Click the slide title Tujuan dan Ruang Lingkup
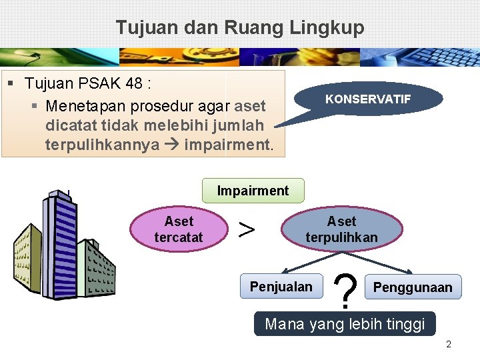click(x=240, y=27)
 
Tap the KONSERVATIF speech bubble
click(x=368, y=99)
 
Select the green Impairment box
click(x=253, y=191)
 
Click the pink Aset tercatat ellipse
click(x=179, y=229)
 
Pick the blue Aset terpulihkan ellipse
click(x=341, y=229)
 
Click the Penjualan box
click(x=281, y=287)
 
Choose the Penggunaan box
click(x=413, y=287)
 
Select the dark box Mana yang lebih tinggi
click(x=345, y=324)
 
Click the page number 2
click(x=449, y=345)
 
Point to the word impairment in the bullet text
click(x=228, y=144)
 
